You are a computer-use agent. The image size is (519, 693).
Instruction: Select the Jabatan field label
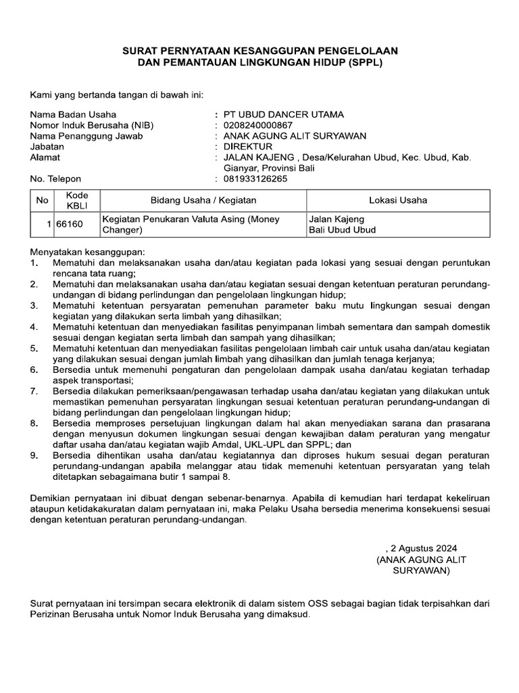[x=47, y=146]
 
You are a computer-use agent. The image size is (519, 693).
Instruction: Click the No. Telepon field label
[x=56, y=179]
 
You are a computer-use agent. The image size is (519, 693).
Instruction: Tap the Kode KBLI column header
[x=76, y=200]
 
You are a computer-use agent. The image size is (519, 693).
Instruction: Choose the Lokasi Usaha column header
[x=397, y=200]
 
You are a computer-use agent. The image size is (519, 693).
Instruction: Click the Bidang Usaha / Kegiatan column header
[x=203, y=200]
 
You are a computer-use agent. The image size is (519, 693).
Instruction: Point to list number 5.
[x=34, y=348]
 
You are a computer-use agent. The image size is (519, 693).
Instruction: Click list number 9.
[x=34, y=455]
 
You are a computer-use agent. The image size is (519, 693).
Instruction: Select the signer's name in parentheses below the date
[x=421, y=565]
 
